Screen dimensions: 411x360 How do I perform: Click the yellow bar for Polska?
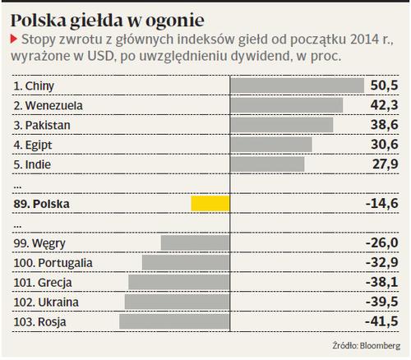[x=210, y=204]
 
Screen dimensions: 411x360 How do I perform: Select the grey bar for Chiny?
[x=297, y=85]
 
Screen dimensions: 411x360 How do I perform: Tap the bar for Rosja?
[x=174, y=321]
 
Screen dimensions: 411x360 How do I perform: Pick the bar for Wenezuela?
[x=286, y=105]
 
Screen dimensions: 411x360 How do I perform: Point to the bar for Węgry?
[x=196, y=242]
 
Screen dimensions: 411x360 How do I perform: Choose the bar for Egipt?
[x=271, y=145]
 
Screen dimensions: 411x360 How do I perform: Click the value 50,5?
[x=384, y=85]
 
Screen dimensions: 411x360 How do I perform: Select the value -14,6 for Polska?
[x=382, y=204]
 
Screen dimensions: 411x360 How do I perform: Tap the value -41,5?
[x=381, y=321]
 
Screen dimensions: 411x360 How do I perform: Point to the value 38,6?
[x=385, y=125]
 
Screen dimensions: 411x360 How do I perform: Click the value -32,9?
[x=382, y=262]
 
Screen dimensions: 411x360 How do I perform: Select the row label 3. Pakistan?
[x=42, y=125]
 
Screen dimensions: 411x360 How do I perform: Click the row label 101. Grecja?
[x=43, y=283]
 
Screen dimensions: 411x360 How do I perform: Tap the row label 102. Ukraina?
[x=46, y=302]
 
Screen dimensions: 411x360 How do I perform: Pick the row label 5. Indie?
[x=32, y=164]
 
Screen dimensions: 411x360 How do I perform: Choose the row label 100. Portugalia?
[x=53, y=263]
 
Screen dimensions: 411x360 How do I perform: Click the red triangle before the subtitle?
[x=14, y=39]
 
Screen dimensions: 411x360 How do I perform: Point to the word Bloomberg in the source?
[x=380, y=346]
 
